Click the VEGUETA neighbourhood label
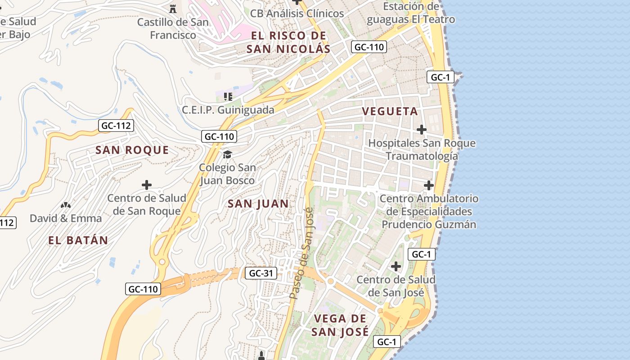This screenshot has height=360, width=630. coord(390,112)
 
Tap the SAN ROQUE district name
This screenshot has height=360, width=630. coord(132,150)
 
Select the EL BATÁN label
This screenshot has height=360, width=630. coord(78,240)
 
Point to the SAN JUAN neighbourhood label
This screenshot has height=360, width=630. coord(258,204)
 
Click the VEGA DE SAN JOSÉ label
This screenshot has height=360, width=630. coord(341,325)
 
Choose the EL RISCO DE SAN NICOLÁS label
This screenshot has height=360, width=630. coord(288,42)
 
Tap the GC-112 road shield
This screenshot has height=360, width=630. coord(116,126)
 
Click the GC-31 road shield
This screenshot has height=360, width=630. coord(261,273)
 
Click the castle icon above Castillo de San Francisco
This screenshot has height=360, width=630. coord(172,8)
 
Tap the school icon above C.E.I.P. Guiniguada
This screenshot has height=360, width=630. coord(228,96)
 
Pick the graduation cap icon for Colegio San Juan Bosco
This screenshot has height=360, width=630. coord(228,155)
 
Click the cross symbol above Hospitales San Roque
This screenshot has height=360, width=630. coord(421,130)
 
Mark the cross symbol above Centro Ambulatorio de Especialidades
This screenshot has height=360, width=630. coord(429,185)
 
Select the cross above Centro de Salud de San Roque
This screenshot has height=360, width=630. coord(146,185)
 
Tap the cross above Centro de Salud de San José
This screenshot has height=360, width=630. coord(396,266)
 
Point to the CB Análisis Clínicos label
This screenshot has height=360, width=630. coord(297,13)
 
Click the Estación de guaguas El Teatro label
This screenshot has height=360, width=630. coord(410,13)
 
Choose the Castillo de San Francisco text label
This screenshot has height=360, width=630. coord(173,28)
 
